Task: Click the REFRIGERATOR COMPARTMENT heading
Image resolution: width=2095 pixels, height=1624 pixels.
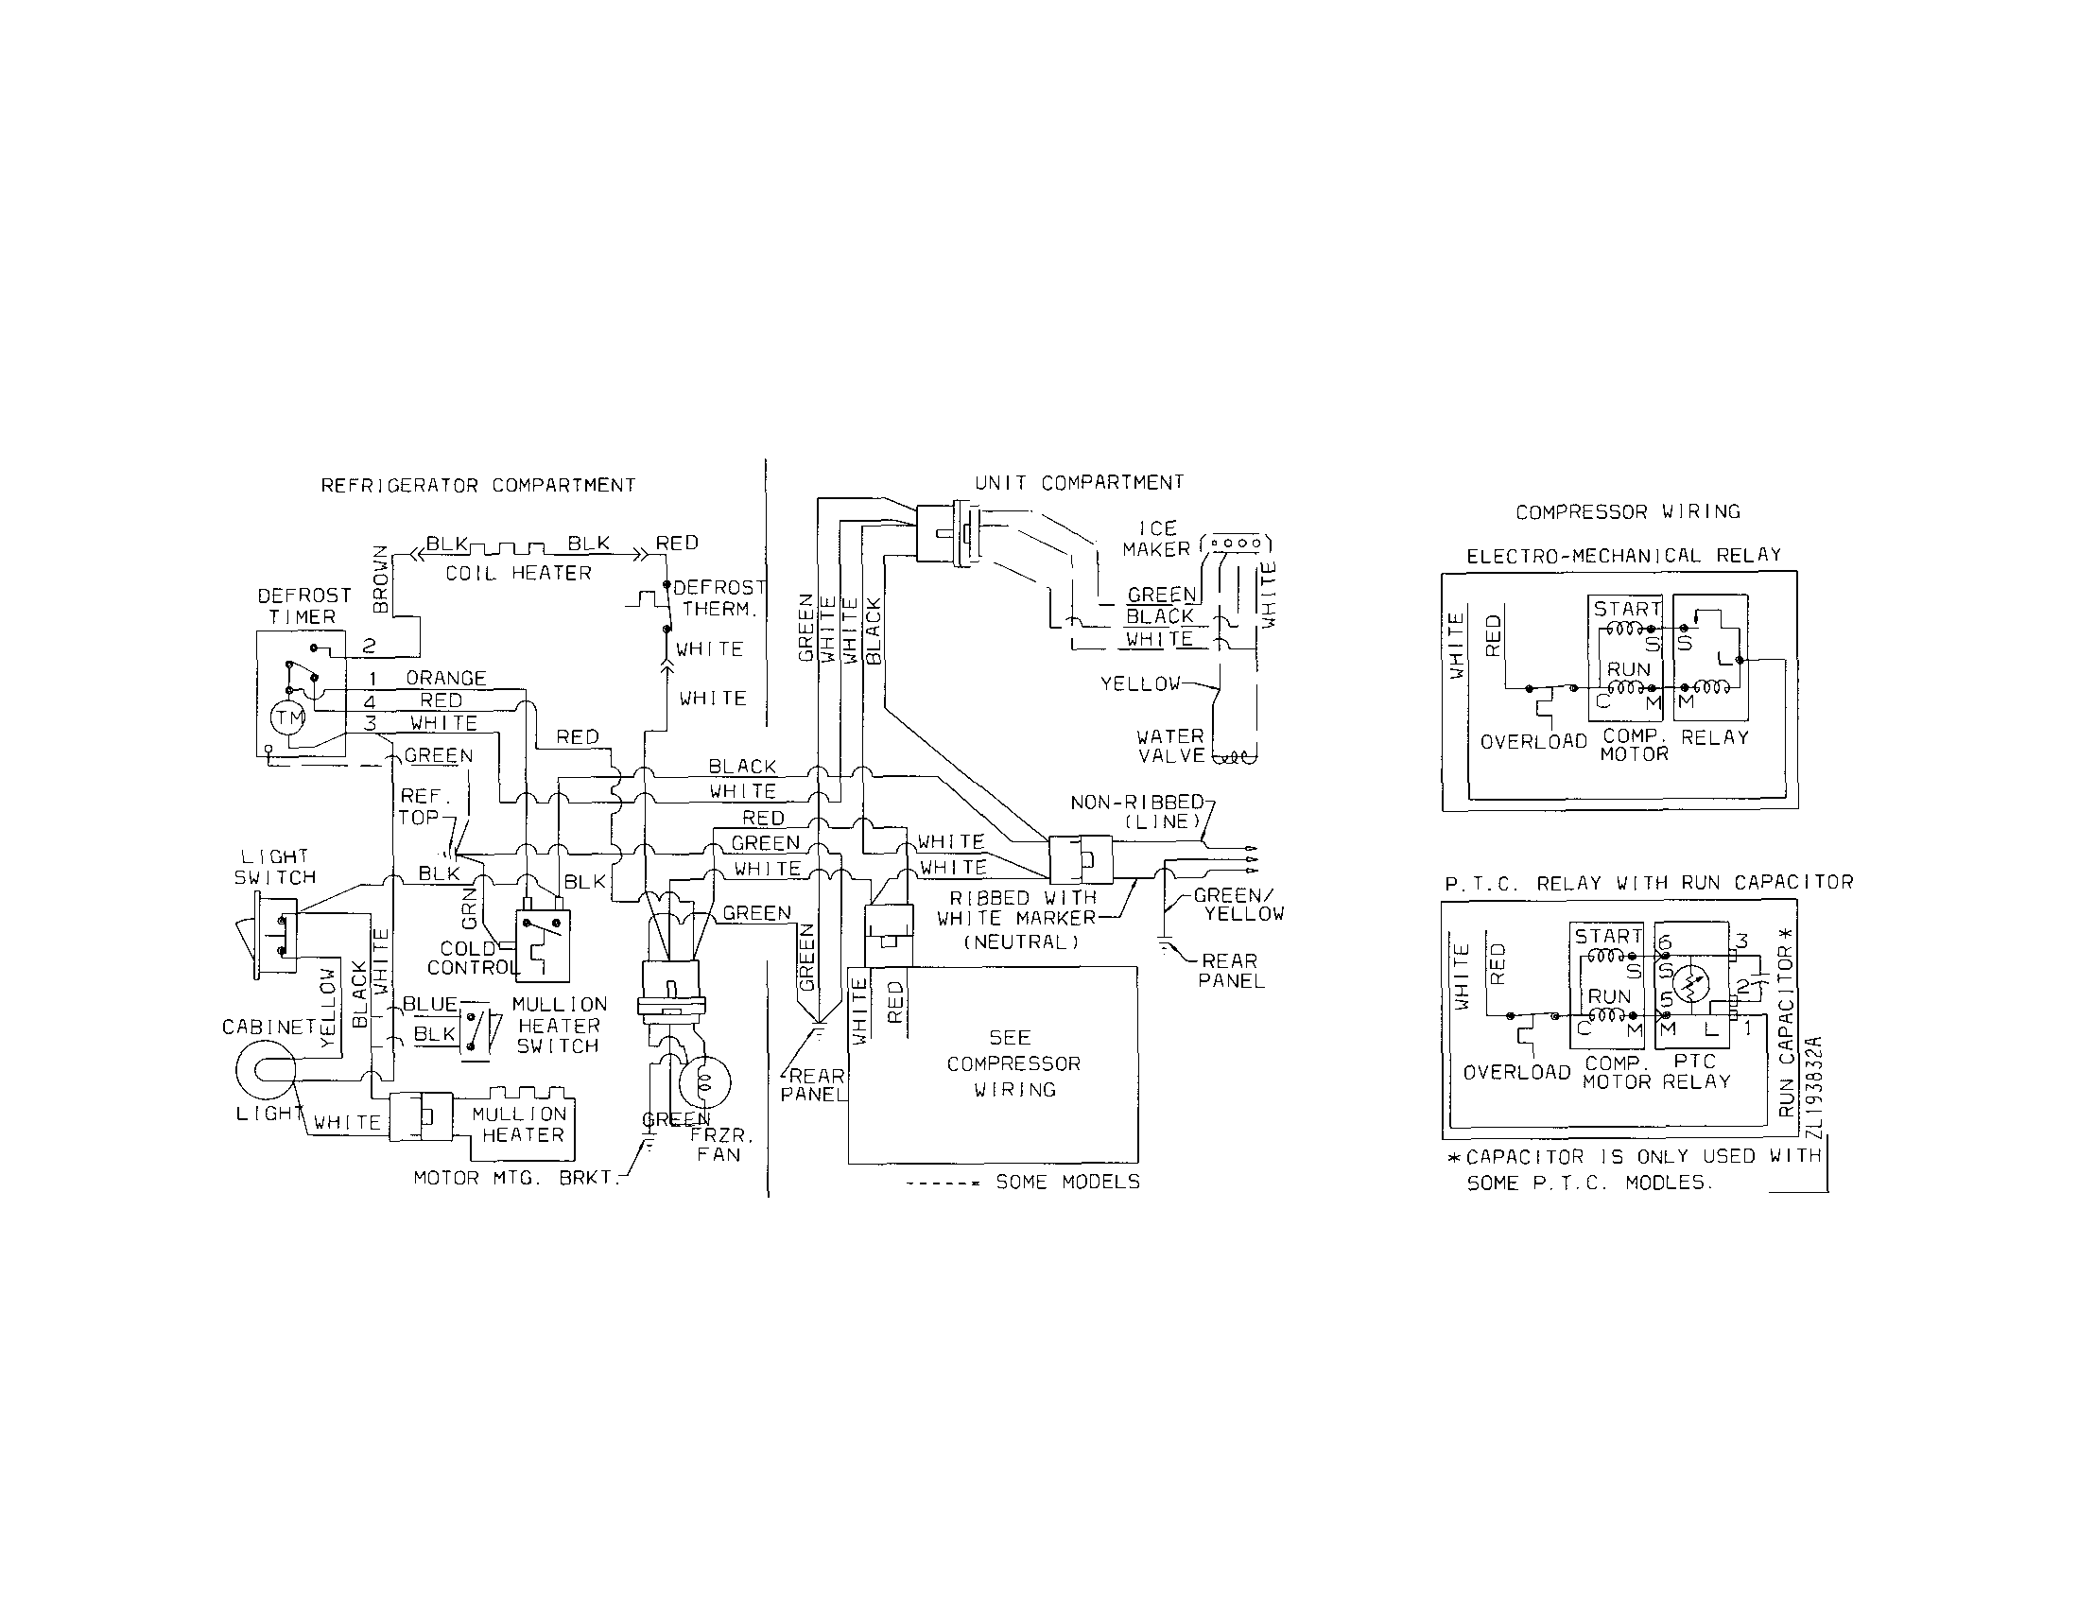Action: [x=477, y=485]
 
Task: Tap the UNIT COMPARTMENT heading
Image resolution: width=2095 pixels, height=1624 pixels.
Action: [x=1079, y=482]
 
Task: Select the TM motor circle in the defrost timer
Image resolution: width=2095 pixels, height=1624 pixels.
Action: [x=287, y=717]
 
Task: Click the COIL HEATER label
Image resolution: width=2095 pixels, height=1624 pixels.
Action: [x=518, y=573]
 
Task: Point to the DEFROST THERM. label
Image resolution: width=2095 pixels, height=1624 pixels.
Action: [x=719, y=597]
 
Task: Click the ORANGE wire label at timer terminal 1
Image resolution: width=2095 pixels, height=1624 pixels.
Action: [x=446, y=678]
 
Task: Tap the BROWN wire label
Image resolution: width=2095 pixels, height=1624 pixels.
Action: [x=381, y=579]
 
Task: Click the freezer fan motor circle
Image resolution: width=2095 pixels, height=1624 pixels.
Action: [x=705, y=1082]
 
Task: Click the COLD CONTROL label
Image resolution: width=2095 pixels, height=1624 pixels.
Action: [x=470, y=958]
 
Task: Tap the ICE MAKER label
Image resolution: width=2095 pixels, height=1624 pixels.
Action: [x=1157, y=539]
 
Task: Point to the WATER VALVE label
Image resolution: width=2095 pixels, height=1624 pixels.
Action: [x=1170, y=745]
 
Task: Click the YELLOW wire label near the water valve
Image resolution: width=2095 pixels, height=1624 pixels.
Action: [x=1139, y=684]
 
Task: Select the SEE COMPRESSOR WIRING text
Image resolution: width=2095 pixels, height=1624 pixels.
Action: [x=1013, y=1063]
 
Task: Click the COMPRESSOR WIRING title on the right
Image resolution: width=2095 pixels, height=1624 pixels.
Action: [x=1628, y=512]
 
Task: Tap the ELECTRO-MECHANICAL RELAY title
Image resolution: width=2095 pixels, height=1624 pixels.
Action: [x=1624, y=556]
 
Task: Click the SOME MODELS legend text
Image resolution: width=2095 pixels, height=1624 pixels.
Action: [x=1067, y=1182]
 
